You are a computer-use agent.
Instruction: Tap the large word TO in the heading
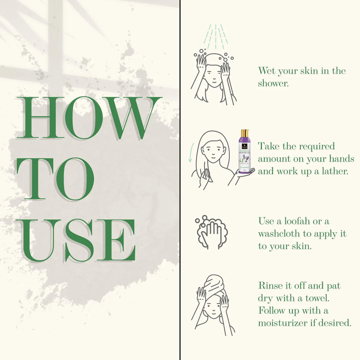coord(55,179)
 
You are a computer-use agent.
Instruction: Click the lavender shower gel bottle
coord(244,151)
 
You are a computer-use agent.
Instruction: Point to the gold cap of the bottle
coord(244,133)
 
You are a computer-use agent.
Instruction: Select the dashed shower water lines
coord(215,36)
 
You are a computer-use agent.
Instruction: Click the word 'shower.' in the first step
coord(273,83)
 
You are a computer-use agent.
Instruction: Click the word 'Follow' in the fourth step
coord(272,310)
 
